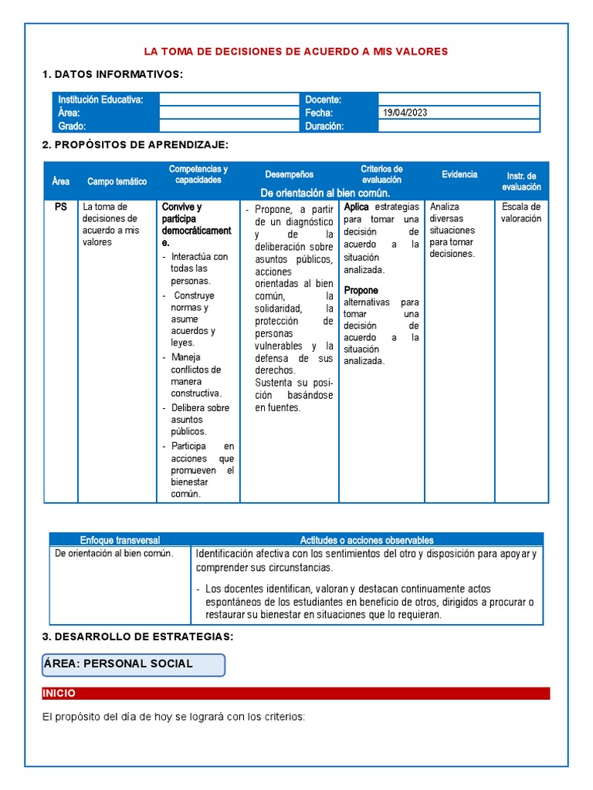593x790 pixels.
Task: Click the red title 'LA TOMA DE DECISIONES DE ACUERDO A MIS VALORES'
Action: pos(296,52)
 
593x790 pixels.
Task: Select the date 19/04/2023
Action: pos(405,113)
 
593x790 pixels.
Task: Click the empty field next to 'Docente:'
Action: pos(459,100)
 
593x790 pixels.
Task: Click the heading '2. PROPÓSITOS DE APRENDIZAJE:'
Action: pos(135,145)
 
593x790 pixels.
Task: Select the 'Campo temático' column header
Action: pos(117,181)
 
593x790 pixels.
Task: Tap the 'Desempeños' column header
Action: pos(289,174)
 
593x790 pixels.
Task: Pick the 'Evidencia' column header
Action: pos(459,174)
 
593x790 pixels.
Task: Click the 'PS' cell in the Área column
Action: pos(61,207)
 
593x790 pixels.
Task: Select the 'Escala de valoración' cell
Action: pos(521,212)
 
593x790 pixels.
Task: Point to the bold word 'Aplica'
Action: pos(356,207)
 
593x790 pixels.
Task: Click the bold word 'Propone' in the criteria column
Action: pos(361,290)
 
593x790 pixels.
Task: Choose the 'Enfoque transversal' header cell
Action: pos(120,540)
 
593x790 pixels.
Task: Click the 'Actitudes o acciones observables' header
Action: pos(367,540)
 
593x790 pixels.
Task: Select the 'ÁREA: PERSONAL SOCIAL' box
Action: pos(134,664)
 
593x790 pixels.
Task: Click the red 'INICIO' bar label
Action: pos(59,694)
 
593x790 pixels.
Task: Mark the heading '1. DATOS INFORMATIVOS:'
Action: pos(113,74)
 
